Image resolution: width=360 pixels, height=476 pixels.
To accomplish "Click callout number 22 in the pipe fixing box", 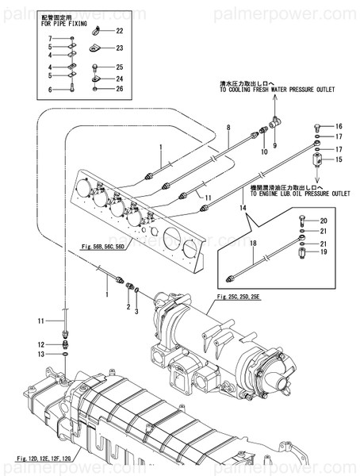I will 120,31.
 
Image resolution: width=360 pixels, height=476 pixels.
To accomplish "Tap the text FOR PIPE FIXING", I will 67,24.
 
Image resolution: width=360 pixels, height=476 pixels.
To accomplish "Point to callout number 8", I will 228,127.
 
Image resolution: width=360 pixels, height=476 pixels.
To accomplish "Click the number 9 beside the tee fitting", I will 275,146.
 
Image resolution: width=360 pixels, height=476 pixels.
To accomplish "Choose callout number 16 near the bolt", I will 338,127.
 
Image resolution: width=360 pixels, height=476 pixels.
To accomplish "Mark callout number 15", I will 338,160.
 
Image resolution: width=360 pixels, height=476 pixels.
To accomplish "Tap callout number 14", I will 244,207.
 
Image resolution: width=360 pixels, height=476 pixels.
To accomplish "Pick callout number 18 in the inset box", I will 254,244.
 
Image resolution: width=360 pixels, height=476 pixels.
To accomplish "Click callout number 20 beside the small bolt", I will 323,220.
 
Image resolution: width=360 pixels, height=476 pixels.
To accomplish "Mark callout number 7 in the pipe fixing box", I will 49,38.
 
